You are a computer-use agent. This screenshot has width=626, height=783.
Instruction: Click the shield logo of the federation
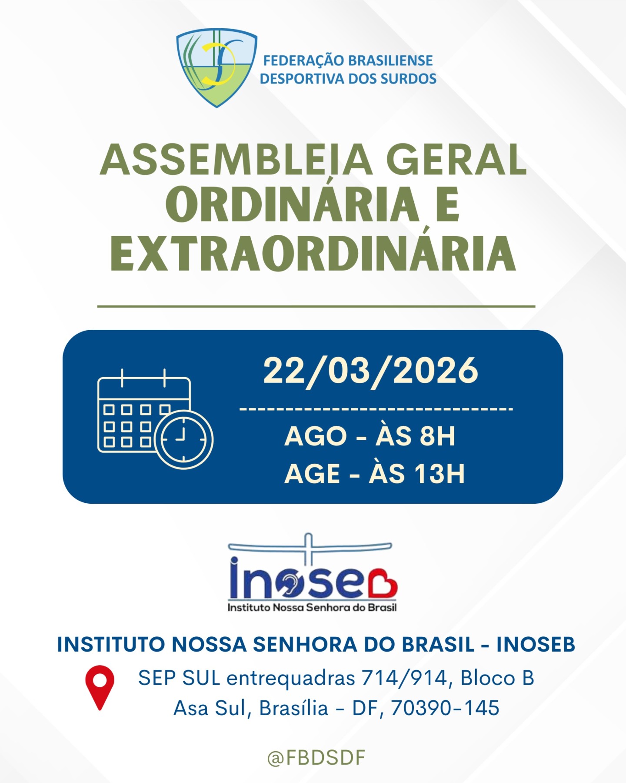point(216,67)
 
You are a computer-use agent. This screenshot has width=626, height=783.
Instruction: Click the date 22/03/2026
point(370,371)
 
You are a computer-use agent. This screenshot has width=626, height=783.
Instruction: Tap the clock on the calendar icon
point(184,440)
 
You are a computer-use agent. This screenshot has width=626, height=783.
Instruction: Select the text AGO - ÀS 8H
point(370,436)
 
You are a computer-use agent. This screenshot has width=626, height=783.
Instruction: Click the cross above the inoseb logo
point(308,549)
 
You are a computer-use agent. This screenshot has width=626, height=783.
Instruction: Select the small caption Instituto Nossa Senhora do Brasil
point(312,607)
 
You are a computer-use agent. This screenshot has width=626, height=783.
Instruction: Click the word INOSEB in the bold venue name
point(536,645)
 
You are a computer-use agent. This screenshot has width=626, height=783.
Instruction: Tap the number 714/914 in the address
point(404,678)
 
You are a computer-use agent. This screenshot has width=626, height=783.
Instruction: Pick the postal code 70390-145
point(445,708)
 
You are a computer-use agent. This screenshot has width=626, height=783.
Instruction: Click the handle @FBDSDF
point(316,758)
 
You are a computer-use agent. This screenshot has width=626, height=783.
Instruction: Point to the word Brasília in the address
point(294,708)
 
